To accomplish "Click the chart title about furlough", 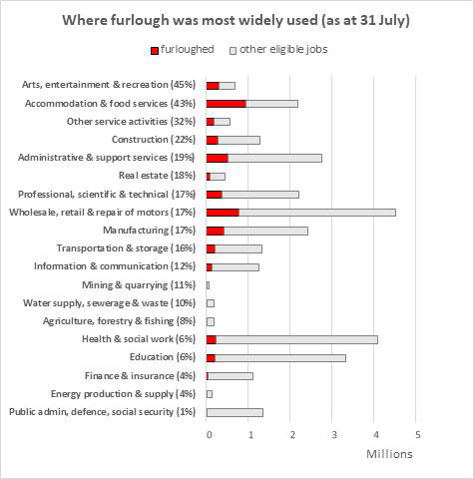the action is [x=236, y=21].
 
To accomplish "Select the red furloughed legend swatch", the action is [x=155, y=51].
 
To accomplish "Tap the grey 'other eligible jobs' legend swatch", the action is [x=233, y=51].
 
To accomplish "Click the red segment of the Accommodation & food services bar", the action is [x=227, y=104].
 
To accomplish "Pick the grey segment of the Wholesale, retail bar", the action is [x=317, y=213].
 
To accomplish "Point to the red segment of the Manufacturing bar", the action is [x=216, y=231].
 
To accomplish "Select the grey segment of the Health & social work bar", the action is [x=297, y=339].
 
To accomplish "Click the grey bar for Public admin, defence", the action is [x=235, y=412].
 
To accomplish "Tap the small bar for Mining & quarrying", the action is [x=208, y=285].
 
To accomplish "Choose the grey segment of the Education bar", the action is [x=280, y=358].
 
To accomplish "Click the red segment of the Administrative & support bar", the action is [x=218, y=159].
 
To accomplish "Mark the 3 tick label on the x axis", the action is [x=334, y=435].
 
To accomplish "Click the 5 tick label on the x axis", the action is [x=418, y=435].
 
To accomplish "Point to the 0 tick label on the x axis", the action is [x=209, y=435].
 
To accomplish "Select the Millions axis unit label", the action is [x=389, y=454].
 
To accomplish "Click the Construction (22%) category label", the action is [x=154, y=140].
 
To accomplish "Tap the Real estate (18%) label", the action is [x=157, y=176].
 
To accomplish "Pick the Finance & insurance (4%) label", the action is [x=140, y=376].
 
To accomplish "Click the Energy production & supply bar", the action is [x=210, y=394].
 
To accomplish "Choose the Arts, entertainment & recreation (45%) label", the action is [x=109, y=85].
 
